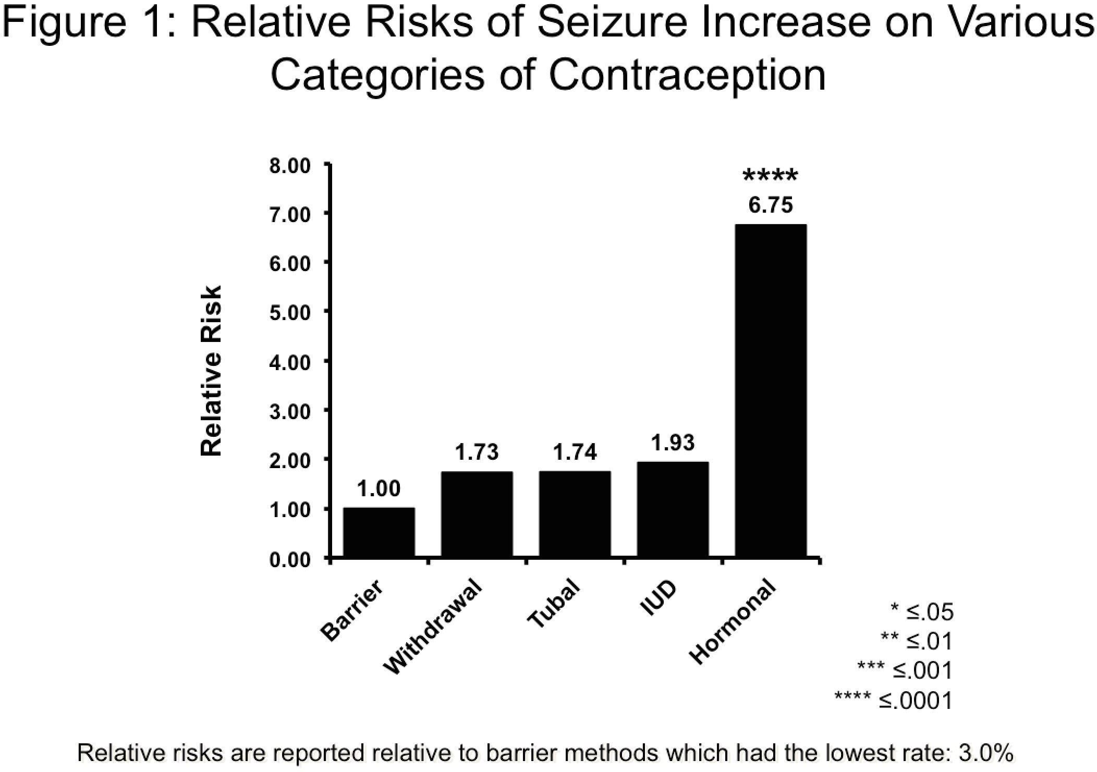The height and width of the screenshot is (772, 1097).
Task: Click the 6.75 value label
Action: coord(770,205)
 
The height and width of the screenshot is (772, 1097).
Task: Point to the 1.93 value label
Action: coord(673,443)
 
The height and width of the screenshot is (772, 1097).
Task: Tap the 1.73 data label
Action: coord(477,452)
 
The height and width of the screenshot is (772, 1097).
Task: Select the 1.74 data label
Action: coord(575,452)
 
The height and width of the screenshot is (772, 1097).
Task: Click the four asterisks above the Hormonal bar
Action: coord(770,176)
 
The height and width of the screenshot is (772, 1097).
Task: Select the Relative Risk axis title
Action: coord(212,371)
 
